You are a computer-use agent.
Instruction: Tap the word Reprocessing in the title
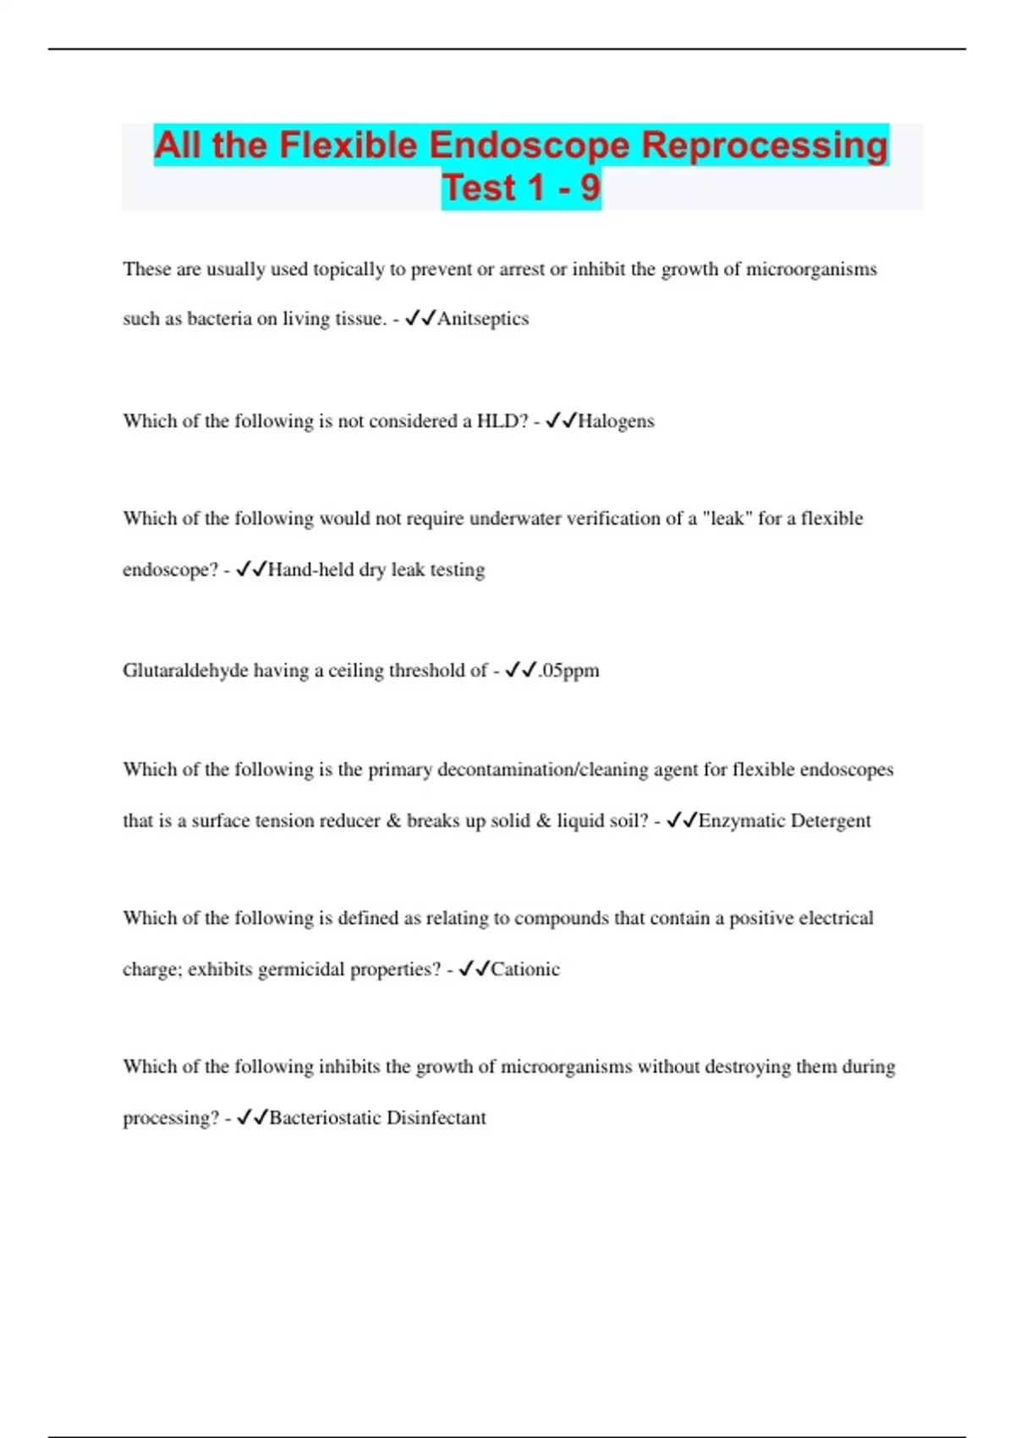point(765,145)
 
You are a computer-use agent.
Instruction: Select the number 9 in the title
point(590,188)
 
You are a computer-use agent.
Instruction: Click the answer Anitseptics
point(483,319)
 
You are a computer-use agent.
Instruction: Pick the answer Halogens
point(616,421)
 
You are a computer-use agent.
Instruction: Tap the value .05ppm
point(568,671)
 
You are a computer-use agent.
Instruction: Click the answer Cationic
point(525,969)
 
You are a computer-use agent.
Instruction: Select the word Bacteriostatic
point(325,1118)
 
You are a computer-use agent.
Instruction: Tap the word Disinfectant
point(436,1118)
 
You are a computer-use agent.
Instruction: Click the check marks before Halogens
point(561,420)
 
